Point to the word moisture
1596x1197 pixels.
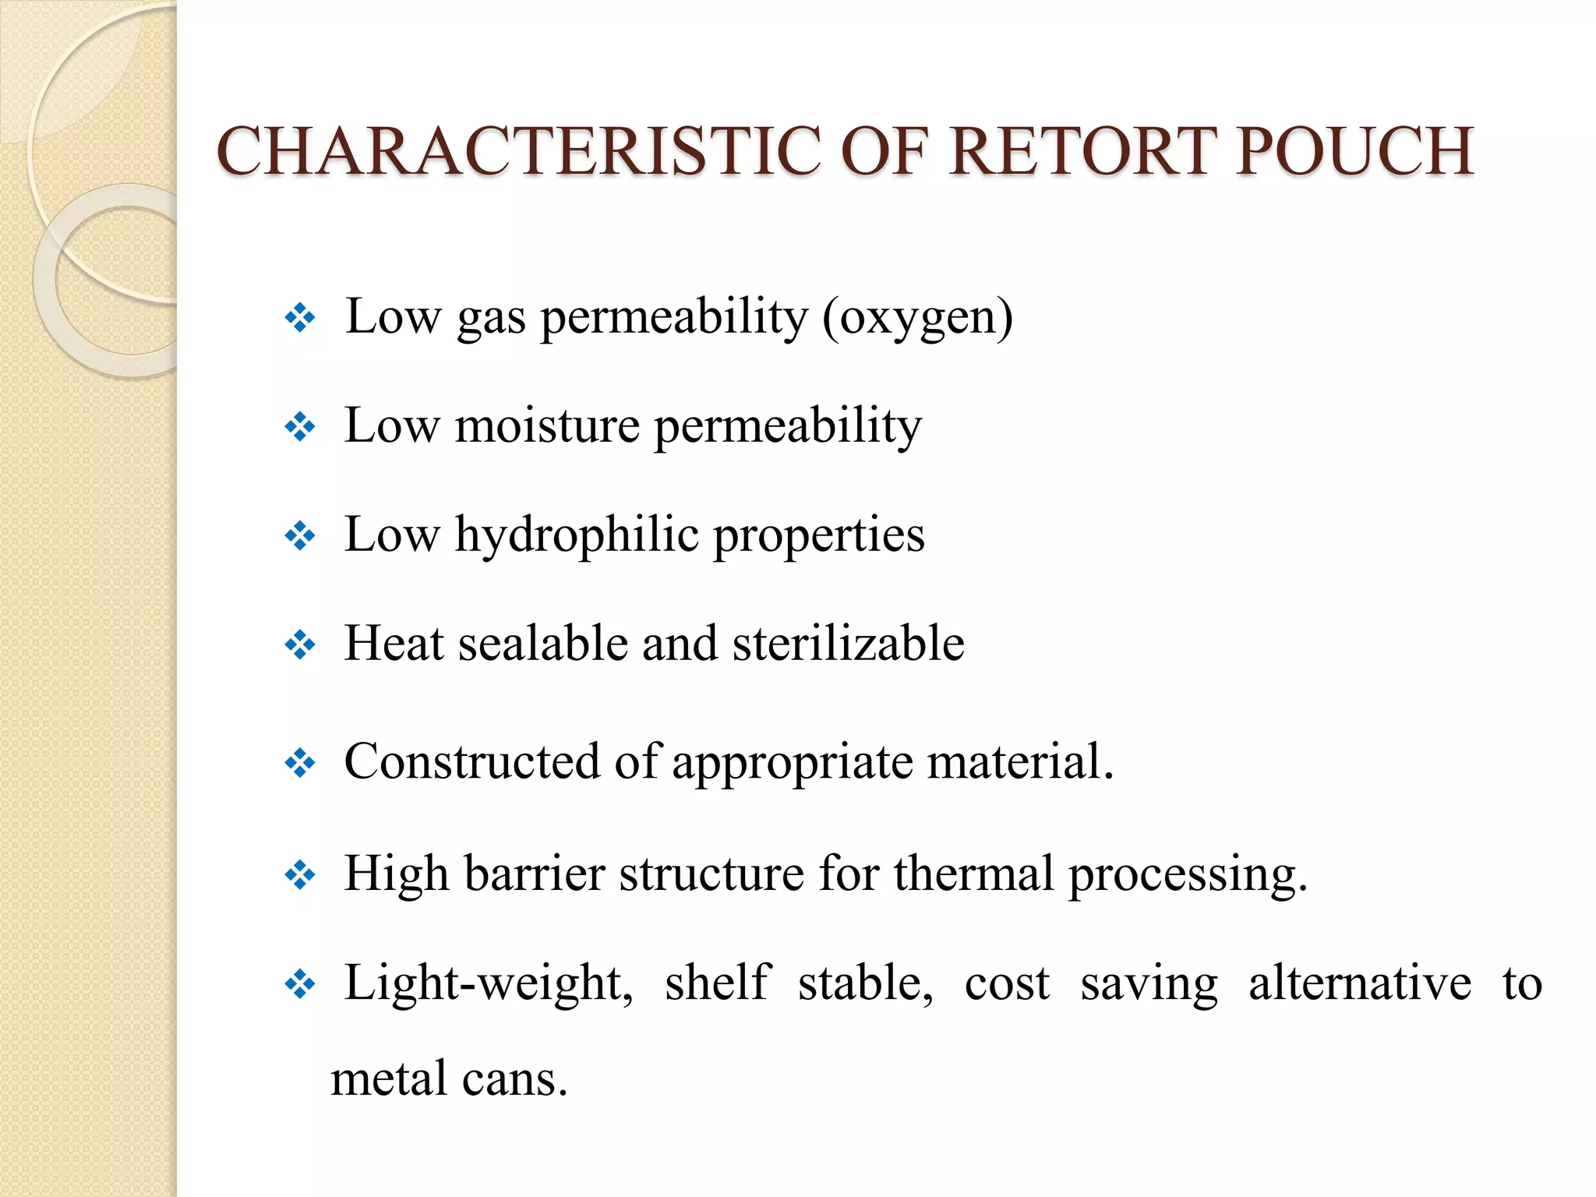[547, 426]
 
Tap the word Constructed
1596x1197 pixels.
[471, 761]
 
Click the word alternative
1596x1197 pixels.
[1360, 983]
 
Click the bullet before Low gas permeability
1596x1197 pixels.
[300, 318]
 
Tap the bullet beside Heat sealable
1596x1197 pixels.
[300, 645]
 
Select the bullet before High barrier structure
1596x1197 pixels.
[300, 875]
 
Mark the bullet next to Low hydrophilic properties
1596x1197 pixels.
[300, 536]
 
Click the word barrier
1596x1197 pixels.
[535, 874]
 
